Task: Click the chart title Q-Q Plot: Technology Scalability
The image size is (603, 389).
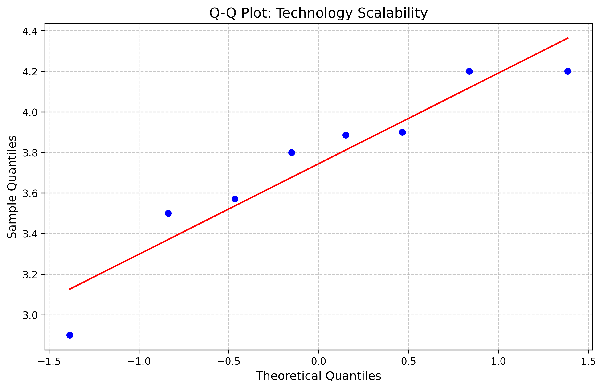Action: coord(318,13)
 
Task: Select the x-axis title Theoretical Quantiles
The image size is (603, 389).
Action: coord(318,376)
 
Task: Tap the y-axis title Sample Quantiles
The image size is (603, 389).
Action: coord(12,187)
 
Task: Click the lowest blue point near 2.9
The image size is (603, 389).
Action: coord(70,335)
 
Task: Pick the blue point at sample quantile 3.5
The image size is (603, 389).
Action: coord(168,213)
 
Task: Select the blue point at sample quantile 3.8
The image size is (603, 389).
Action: coord(292,153)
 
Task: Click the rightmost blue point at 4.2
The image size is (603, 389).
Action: coord(568,71)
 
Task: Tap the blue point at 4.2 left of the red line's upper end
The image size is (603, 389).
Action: coord(469,71)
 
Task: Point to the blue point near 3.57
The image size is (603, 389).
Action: coord(235,199)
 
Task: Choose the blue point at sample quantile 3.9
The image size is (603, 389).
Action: coord(402,132)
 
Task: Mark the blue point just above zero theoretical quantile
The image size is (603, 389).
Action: coord(346,135)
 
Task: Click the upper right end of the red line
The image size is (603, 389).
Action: coord(568,38)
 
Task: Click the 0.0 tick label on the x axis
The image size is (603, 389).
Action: coord(318,362)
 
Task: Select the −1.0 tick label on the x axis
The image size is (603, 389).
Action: coord(139,362)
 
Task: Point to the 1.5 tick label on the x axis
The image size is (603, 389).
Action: coord(588,362)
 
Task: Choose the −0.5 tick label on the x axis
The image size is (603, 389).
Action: coord(229,362)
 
